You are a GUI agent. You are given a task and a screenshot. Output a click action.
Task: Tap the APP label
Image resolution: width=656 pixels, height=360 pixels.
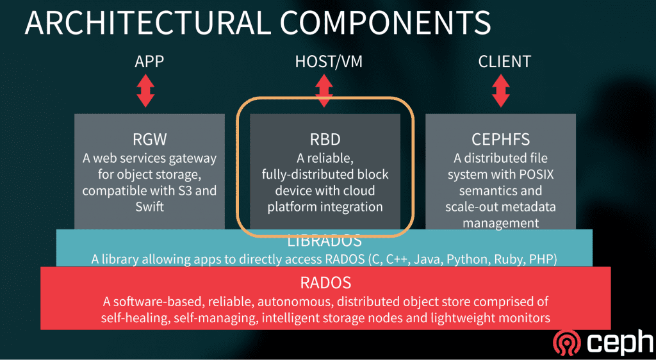149,61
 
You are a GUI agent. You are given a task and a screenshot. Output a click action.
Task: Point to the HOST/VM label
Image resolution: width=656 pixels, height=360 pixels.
324,61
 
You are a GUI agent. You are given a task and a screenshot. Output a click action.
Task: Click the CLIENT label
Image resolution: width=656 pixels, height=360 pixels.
504,61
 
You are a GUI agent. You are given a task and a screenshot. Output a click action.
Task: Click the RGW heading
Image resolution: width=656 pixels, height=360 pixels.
149,141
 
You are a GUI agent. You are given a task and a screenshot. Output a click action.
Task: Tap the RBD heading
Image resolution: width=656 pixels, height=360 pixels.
325,141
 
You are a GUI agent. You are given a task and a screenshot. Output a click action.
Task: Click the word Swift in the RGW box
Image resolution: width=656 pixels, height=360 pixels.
149,207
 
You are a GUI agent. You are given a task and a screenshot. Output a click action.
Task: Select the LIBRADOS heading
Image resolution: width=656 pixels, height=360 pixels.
325,241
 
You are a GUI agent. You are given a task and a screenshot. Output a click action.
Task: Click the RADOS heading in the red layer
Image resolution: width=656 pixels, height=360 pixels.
325,282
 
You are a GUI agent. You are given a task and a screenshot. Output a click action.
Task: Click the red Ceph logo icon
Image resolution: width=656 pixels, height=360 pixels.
566,342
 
